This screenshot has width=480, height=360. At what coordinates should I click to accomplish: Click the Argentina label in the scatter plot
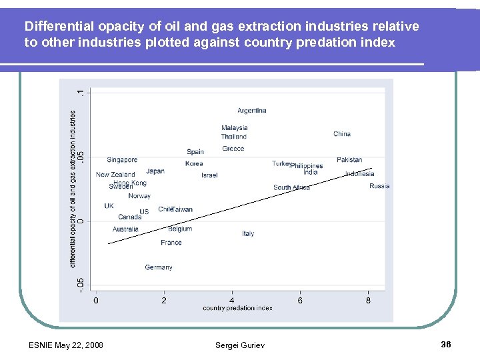pos(251,111)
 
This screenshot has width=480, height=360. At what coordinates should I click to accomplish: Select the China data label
pos(341,134)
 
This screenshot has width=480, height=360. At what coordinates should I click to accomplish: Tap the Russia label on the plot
pos(379,186)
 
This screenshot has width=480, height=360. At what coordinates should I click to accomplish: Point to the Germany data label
pos(159,267)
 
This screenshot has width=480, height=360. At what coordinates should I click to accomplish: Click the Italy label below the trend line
pos(248,234)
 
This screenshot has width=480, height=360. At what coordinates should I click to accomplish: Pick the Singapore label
pos(122,160)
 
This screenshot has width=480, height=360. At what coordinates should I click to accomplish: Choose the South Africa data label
pos(291,188)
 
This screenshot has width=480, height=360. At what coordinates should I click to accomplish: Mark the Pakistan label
pos(349,160)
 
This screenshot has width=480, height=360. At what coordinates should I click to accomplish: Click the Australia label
pos(125,229)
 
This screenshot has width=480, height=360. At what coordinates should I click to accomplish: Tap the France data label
pos(171,243)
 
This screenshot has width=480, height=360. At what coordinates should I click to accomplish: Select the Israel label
pos(209,175)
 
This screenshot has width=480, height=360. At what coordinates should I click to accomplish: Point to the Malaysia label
pos(235,128)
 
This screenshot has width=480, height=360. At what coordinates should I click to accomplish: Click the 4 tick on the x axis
pos(232,300)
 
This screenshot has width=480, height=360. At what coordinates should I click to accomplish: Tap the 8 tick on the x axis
pos(369,300)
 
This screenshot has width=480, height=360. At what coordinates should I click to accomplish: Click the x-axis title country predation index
pos(237,308)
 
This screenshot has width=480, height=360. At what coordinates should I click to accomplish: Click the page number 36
pos(446,345)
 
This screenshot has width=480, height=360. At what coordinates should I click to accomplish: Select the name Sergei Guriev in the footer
pos(239,345)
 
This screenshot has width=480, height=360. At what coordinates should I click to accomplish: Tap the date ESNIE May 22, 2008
pos(66,345)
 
